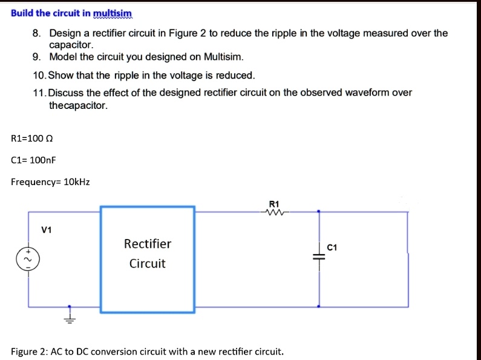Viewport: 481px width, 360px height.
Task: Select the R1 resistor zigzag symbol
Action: coord(274,212)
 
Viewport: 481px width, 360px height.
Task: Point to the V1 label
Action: coord(47,230)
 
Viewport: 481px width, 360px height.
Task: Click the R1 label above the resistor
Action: coord(274,204)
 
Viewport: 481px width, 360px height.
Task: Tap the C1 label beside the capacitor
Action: coord(332,247)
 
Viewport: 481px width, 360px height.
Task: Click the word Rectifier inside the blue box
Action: coord(148,244)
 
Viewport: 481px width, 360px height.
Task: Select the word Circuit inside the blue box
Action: coord(147,264)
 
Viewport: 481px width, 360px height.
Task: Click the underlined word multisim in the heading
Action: coord(112,13)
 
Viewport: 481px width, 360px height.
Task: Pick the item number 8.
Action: coord(37,33)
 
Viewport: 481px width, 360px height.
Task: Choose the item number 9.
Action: coord(37,57)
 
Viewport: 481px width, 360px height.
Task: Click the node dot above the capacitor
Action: coord(319,212)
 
